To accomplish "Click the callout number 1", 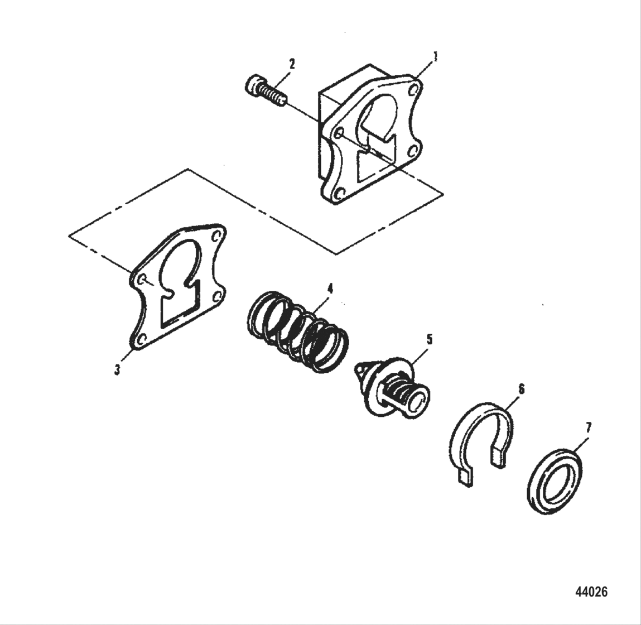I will click(x=435, y=56).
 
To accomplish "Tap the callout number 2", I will click(x=291, y=64).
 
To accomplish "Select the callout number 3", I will click(x=117, y=369).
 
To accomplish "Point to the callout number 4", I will click(x=330, y=289).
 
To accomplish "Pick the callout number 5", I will click(x=430, y=339).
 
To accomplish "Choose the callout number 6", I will click(x=522, y=389).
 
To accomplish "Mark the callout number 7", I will click(x=588, y=428).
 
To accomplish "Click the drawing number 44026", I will click(x=591, y=592).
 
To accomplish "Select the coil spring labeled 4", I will click(x=298, y=331).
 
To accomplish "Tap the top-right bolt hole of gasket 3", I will click(x=217, y=235).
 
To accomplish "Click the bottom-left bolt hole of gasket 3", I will click(x=141, y=338).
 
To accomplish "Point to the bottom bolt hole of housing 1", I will click(x=338, y=195).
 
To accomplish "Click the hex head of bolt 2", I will click(x=252, y=85).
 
